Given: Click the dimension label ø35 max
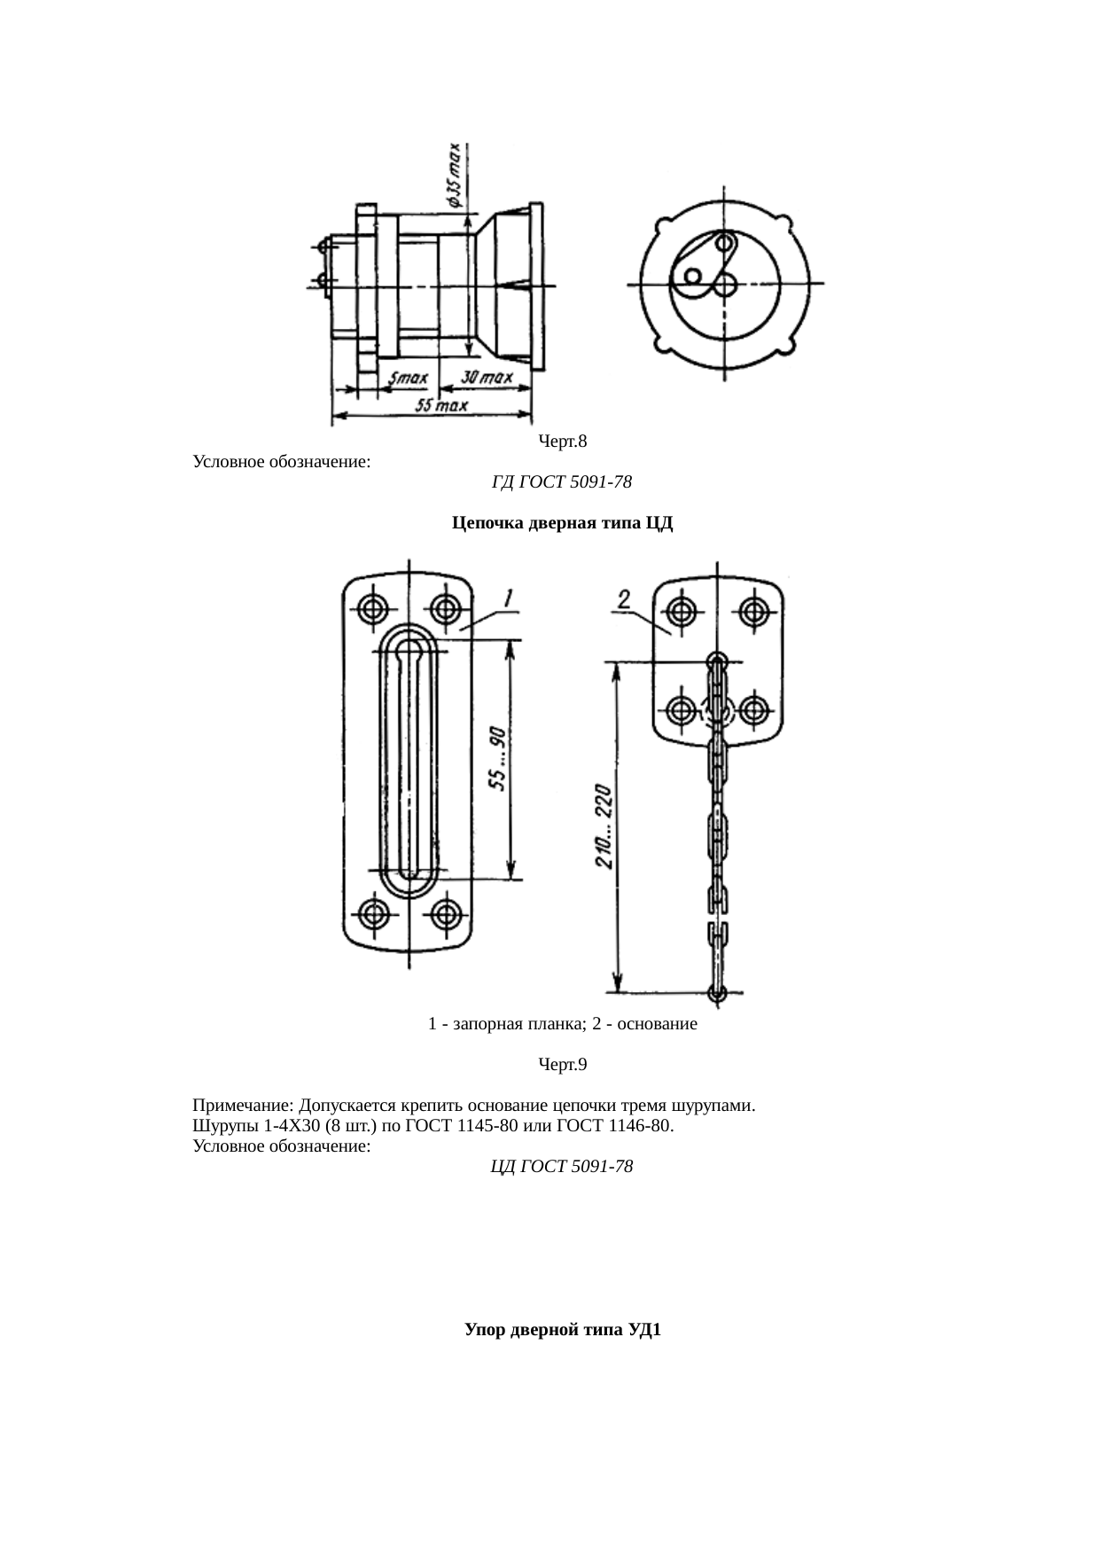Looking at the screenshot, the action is [x=453, y=175].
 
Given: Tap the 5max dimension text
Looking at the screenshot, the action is [x=409, y=379].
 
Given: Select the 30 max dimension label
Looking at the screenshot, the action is [x=487, y=378].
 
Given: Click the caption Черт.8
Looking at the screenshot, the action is [x=563, y=441].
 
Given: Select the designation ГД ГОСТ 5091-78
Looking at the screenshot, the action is [x=561, y=482].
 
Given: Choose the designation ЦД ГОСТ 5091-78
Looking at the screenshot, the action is [x=562, y=1166].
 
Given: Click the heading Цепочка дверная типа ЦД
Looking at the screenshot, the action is [x=563, y=523].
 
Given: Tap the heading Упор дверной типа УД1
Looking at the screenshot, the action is [x=563, y=1330].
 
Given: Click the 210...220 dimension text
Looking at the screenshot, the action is [x=603, y=825].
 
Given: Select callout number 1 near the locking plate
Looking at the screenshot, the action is [x=509, y=599].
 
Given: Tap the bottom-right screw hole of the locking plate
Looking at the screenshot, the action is [x=445, y=913].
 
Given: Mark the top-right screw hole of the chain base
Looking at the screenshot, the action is [x=753, y=611].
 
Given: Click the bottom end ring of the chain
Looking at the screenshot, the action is [x=718, y=992].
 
